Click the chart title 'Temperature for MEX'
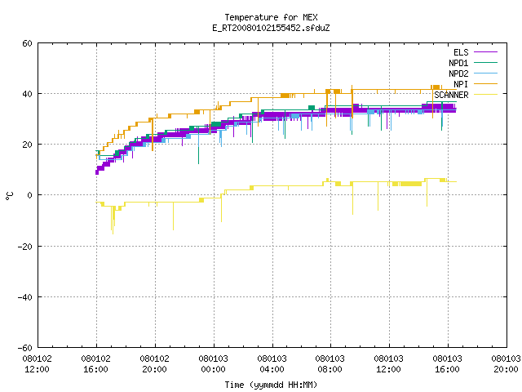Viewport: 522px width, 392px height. [x=271, y=17]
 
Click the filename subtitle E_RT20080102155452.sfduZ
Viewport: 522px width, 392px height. [x=271, y=28]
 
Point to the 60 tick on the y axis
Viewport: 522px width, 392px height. [x=27, y=43]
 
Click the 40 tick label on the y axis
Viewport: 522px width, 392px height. [x=27, y=94]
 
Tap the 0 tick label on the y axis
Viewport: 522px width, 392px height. [x=29, y=195]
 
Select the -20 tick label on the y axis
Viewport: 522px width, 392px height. [x=25, y=247]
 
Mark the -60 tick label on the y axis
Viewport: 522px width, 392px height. [x=25, y=348]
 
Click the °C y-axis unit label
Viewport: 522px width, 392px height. [x=10, y=196]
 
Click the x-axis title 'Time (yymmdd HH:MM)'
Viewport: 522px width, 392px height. [x=271, y=385]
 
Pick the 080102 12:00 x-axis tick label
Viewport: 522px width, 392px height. [x=37, y=364]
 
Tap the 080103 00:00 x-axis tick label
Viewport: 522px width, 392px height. [x=213, y=364]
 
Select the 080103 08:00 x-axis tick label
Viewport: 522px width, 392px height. [x=330, y=364]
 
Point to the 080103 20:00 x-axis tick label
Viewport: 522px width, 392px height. [x=506, y=364]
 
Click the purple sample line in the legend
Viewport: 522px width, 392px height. [x=486, y=52]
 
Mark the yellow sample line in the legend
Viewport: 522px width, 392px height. [x=486, y=95]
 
